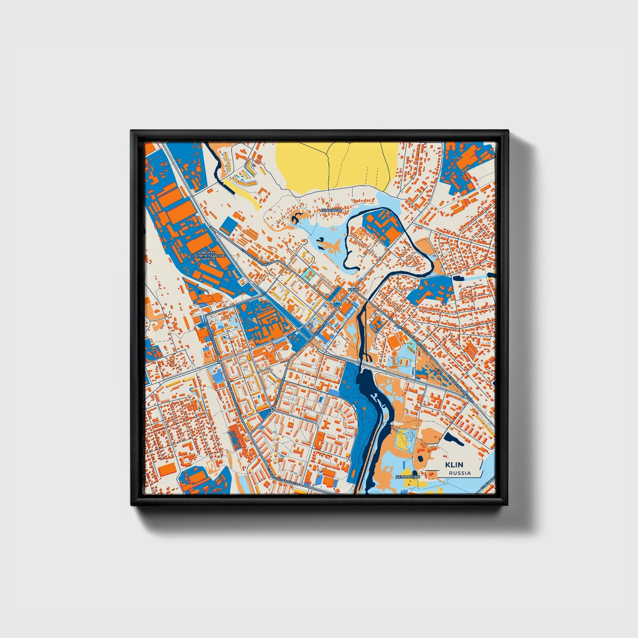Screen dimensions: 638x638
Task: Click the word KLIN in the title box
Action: point(454,465)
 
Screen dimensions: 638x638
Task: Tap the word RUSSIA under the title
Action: point(459,473)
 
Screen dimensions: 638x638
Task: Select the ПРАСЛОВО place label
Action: point(332,211)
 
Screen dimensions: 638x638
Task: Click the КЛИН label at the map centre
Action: point(353,290)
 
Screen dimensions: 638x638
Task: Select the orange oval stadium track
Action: point(393,340)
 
